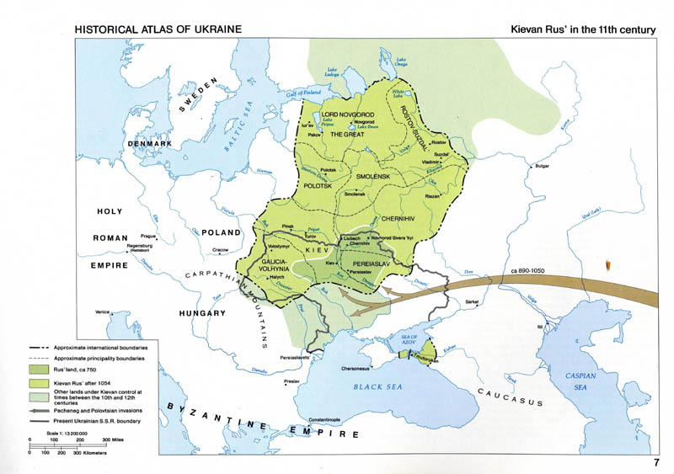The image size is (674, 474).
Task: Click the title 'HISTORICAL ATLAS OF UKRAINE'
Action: pyautogui.click(x=158, y=29)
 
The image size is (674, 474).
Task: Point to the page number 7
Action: pyautogui.click(x=655, y=462)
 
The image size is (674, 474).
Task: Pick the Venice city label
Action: pyautogui.click(x=103, y=312)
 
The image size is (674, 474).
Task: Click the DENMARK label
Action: pyautogui.click(x=149, y=145)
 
